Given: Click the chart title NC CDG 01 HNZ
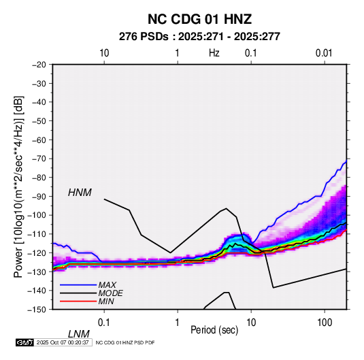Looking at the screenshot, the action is tap(199, 19).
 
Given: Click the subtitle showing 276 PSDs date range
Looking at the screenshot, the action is tap(199, 37).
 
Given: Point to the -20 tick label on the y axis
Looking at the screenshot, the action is tap(39, 65).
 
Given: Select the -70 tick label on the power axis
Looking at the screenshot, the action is tap(39, 159).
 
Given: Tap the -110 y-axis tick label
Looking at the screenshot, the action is tap(37, 234).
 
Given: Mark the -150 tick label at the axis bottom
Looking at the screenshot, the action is tap(37, 310).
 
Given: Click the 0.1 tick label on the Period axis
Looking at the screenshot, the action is tap(104, 323).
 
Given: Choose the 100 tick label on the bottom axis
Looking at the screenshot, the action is tap(325, 323).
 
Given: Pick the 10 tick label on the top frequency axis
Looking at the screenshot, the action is tap(104, 53).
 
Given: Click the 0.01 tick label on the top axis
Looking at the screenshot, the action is tap(324, 53).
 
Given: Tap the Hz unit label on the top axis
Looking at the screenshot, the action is tap(214, 53).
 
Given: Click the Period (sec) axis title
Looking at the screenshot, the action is tap(214, 330).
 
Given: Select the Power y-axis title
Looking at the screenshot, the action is tap(18, 186).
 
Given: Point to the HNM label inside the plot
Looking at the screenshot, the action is tap(80, 193).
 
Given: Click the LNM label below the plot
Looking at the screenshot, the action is tap(79, 334).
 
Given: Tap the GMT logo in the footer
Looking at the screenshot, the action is tap(25, 342).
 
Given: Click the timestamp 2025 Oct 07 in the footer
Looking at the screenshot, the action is tap(63, 342).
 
